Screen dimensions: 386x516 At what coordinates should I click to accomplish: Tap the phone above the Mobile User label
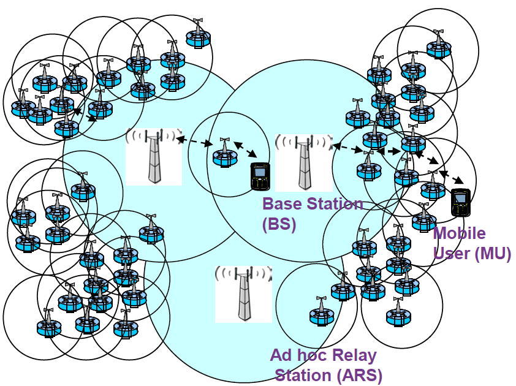(x=460, y=202)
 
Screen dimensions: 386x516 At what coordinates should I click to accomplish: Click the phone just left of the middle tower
(x=260, y=176)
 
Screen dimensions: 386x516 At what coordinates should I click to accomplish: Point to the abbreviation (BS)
(x=279, y=224)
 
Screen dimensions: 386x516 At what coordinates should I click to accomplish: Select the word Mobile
(x=459, y=233)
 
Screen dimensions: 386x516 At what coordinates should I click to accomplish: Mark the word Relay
(x=355, y=355)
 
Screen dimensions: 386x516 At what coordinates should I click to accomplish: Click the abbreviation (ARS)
(x=362, y=374)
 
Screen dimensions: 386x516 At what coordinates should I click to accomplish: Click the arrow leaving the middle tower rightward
(x=347, y=148)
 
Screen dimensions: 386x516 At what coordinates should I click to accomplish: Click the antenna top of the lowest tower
(x=243, y=273)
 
